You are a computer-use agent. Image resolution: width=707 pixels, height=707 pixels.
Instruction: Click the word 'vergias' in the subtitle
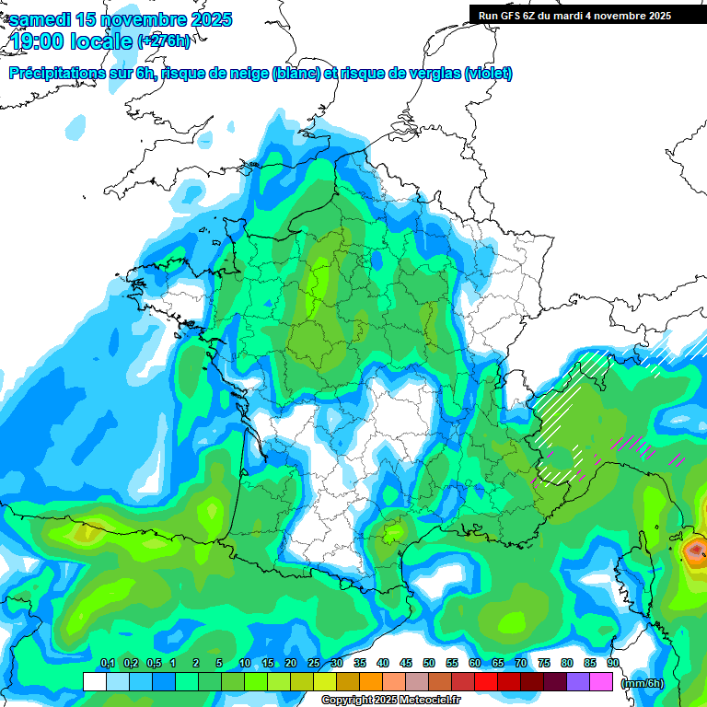pos(432,74)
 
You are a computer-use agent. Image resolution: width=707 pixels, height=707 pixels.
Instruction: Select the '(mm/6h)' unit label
pos(641,683)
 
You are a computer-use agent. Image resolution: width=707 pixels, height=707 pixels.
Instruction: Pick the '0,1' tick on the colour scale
pos(108,664)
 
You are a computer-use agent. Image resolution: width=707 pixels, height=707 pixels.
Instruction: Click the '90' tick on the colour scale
pos(612,664)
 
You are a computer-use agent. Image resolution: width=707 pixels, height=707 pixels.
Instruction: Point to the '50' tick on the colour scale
pos(429,664)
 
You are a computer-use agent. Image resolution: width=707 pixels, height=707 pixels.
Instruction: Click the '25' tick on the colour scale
pos(314,664)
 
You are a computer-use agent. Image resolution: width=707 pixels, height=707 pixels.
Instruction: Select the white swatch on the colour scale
pos(94,681)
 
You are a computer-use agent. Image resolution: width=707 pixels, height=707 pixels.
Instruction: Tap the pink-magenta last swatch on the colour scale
pos(601,681)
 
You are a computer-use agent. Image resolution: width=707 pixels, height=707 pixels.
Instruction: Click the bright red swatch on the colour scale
pos(486,681)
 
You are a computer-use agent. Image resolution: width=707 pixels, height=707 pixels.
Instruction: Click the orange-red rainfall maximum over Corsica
pos(695,551)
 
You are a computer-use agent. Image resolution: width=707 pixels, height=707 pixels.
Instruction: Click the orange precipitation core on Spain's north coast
pos(85,531)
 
